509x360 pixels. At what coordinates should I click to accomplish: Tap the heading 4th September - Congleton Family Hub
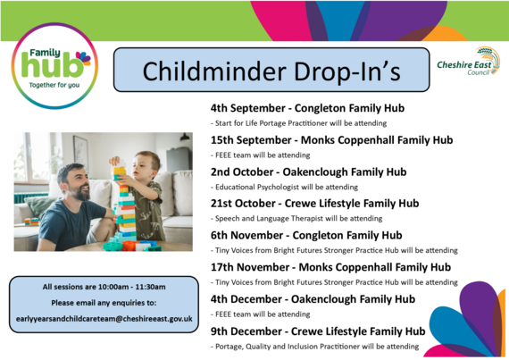click(x=307, y=108)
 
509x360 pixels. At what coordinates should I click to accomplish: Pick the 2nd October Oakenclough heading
click(x=308, y=172)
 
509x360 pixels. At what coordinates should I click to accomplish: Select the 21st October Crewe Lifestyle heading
click(x=314, y=203)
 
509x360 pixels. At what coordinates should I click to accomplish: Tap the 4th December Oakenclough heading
click(x=313, y=298)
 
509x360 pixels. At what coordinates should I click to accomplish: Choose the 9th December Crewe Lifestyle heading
click(x=317, y=331)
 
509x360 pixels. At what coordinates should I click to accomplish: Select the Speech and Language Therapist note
click(x=296, y=219)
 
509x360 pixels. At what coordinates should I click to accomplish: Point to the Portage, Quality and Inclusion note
click(x=314, y=346)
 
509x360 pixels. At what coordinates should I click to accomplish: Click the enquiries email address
click(x=104, y=320)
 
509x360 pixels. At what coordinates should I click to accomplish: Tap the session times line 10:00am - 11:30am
click(x=104, y=287)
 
